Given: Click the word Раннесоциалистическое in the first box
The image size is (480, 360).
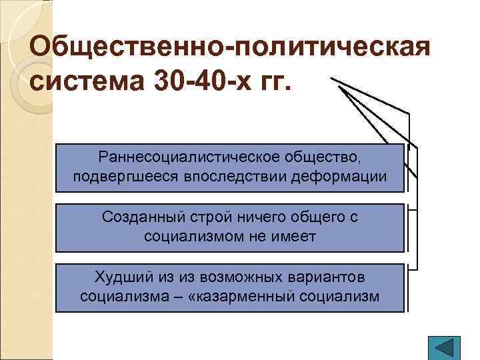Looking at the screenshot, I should (191, 158).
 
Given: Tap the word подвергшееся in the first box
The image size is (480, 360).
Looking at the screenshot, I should (122, 177).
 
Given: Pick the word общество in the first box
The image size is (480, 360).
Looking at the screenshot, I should (325, 158).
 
